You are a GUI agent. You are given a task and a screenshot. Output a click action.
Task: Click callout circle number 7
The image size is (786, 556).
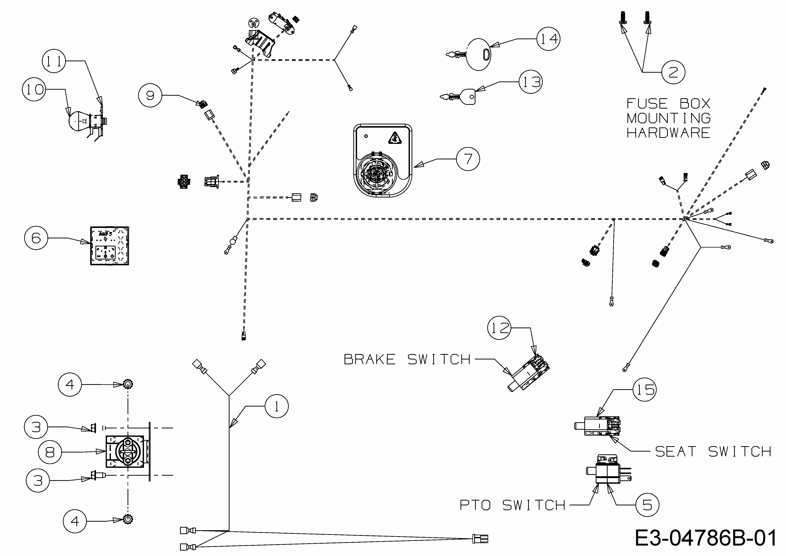468,159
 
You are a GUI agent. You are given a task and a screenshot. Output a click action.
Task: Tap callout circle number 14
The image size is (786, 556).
548,39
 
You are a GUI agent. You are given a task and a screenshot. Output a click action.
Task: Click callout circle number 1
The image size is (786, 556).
277,406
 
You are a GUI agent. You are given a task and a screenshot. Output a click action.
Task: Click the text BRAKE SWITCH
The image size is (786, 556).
407,359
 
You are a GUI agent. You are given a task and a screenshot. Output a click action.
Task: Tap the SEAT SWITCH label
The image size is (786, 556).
713,452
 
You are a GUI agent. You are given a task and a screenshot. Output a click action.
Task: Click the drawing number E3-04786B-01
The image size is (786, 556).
706,538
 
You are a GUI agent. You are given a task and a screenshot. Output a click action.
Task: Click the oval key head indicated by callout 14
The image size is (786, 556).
479,55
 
